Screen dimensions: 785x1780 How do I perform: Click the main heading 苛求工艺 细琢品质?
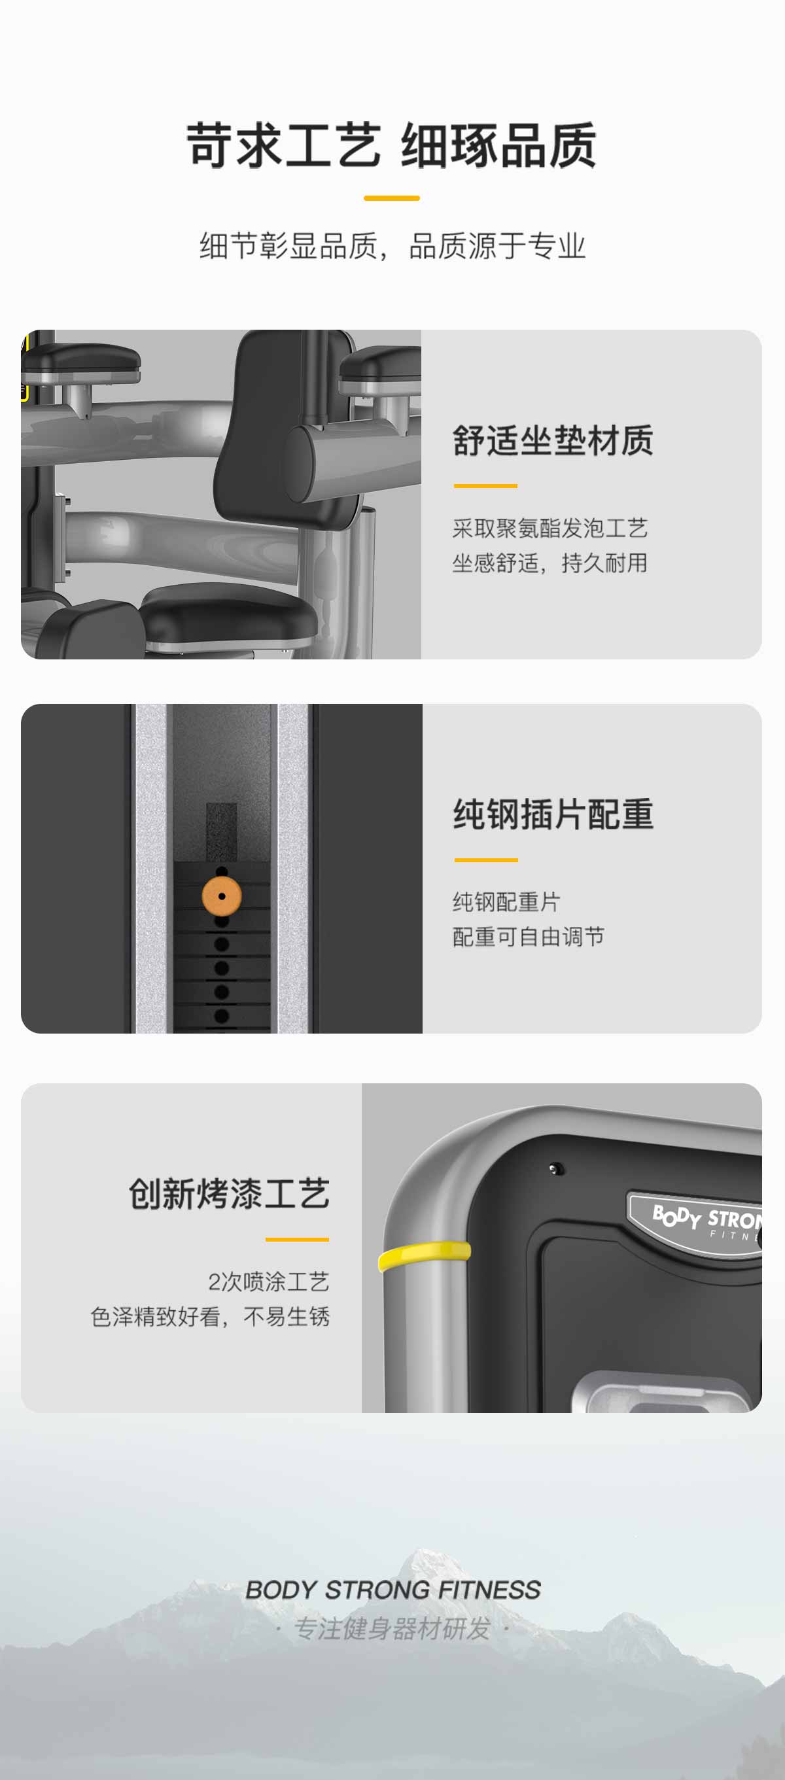point(391,145)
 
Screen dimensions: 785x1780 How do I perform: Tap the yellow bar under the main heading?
point(392,198)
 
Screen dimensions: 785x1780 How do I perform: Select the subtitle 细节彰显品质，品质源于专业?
point(392,246)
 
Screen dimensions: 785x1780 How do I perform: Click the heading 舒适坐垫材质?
point(553,441)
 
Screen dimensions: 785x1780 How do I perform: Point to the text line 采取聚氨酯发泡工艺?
point(550,529)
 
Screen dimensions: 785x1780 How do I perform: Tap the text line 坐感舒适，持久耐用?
point(550,563)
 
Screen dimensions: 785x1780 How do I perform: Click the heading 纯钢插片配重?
point(553,814)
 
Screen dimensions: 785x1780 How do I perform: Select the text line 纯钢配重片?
point(506,901)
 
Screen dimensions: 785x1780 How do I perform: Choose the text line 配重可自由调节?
point(529,937)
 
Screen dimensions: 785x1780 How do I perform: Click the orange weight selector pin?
point(222,896)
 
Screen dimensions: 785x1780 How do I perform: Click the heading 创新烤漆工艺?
point(229,1194)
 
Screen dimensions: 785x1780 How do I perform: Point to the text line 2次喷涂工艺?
point(269,1282)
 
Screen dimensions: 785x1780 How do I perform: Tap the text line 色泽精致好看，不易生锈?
point(210,1317)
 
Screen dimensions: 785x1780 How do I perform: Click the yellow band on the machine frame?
point(425,1255)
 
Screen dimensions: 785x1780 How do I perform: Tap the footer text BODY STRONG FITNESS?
point(393,1590)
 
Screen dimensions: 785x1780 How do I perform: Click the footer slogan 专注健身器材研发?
point(392,1629)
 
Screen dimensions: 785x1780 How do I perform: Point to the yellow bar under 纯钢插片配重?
point(487,860)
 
